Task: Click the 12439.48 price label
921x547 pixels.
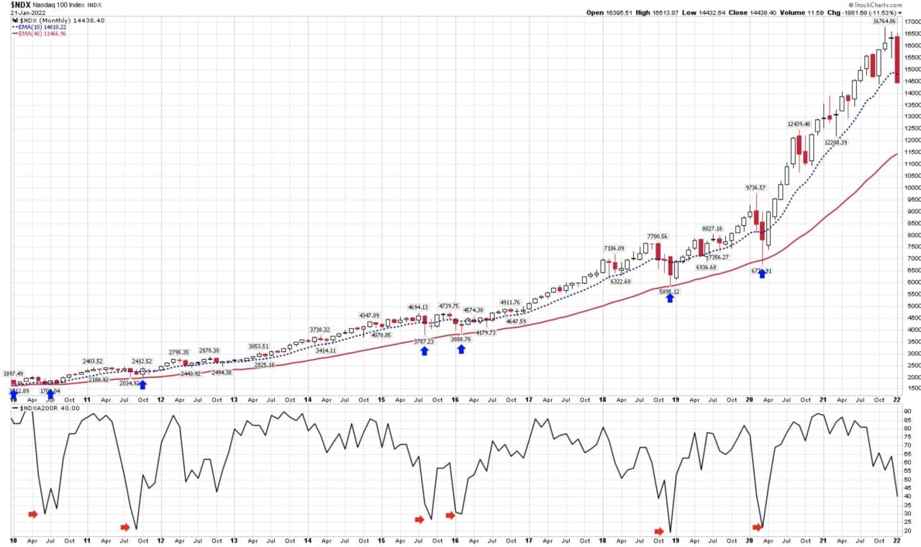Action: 799,124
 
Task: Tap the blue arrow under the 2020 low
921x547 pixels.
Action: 762,273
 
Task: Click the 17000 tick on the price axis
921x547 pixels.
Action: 911,22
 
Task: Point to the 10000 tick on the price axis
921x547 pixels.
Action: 911,187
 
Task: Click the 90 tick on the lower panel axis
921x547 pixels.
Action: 908,411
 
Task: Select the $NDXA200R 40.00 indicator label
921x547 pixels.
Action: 50,408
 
